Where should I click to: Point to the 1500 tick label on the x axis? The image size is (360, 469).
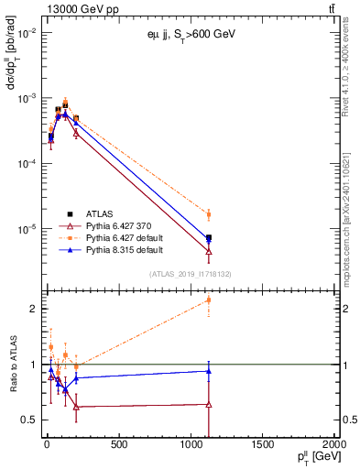262,446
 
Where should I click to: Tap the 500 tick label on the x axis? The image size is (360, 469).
118,446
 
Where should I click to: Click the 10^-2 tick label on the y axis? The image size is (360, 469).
25,32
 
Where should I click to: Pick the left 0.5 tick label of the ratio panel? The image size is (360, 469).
29,420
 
